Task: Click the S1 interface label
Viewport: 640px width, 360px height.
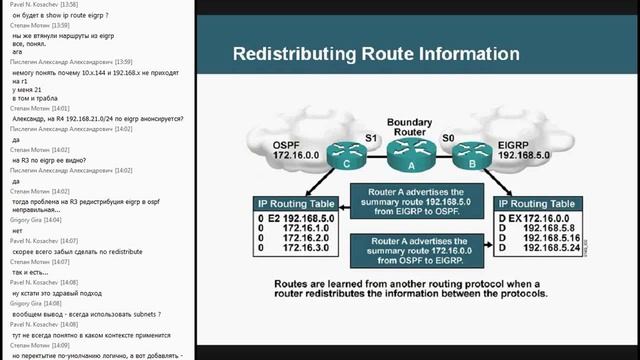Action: [x=372, y=137]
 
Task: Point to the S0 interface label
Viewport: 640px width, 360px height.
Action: [x=447, y=137]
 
